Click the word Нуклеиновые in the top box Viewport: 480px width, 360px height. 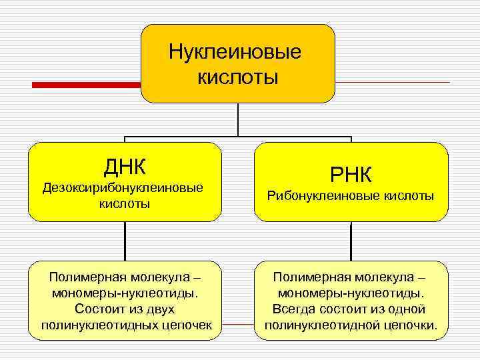tap(235, 52)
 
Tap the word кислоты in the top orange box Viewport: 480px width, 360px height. tap(237, 78)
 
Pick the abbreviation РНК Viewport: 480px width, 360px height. tap(351, 174)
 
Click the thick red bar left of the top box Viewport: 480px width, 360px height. tap(87, 85)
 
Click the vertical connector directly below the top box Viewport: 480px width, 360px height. tap(238, 120)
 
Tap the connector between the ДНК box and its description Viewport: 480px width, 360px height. tap(125, 241)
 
